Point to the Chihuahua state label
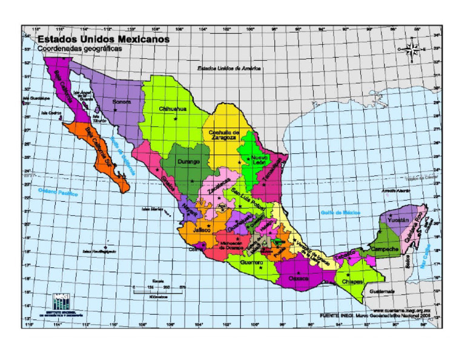173,109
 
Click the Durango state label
189,162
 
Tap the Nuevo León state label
255,161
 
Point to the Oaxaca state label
298,279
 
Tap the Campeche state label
384,249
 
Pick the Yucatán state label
398,219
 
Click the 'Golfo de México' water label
340,213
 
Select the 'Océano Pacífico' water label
58,193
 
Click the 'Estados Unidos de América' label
229,68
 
